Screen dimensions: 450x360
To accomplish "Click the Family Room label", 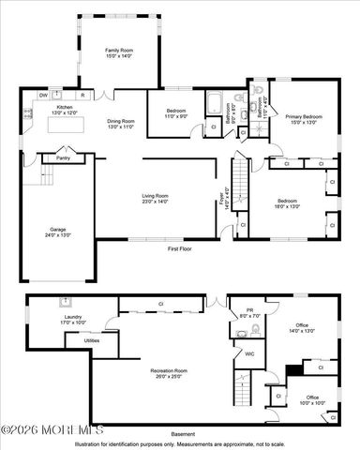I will (x=118, y=50).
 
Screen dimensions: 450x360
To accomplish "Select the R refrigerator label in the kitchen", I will (x=82, y=95).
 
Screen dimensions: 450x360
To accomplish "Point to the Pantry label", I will (x=63, y=158).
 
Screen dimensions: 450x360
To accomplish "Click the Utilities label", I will (x=92, y=341).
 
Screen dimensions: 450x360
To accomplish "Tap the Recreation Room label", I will (x=169, y=371).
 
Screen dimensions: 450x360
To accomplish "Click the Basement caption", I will (x=184, y=433).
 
